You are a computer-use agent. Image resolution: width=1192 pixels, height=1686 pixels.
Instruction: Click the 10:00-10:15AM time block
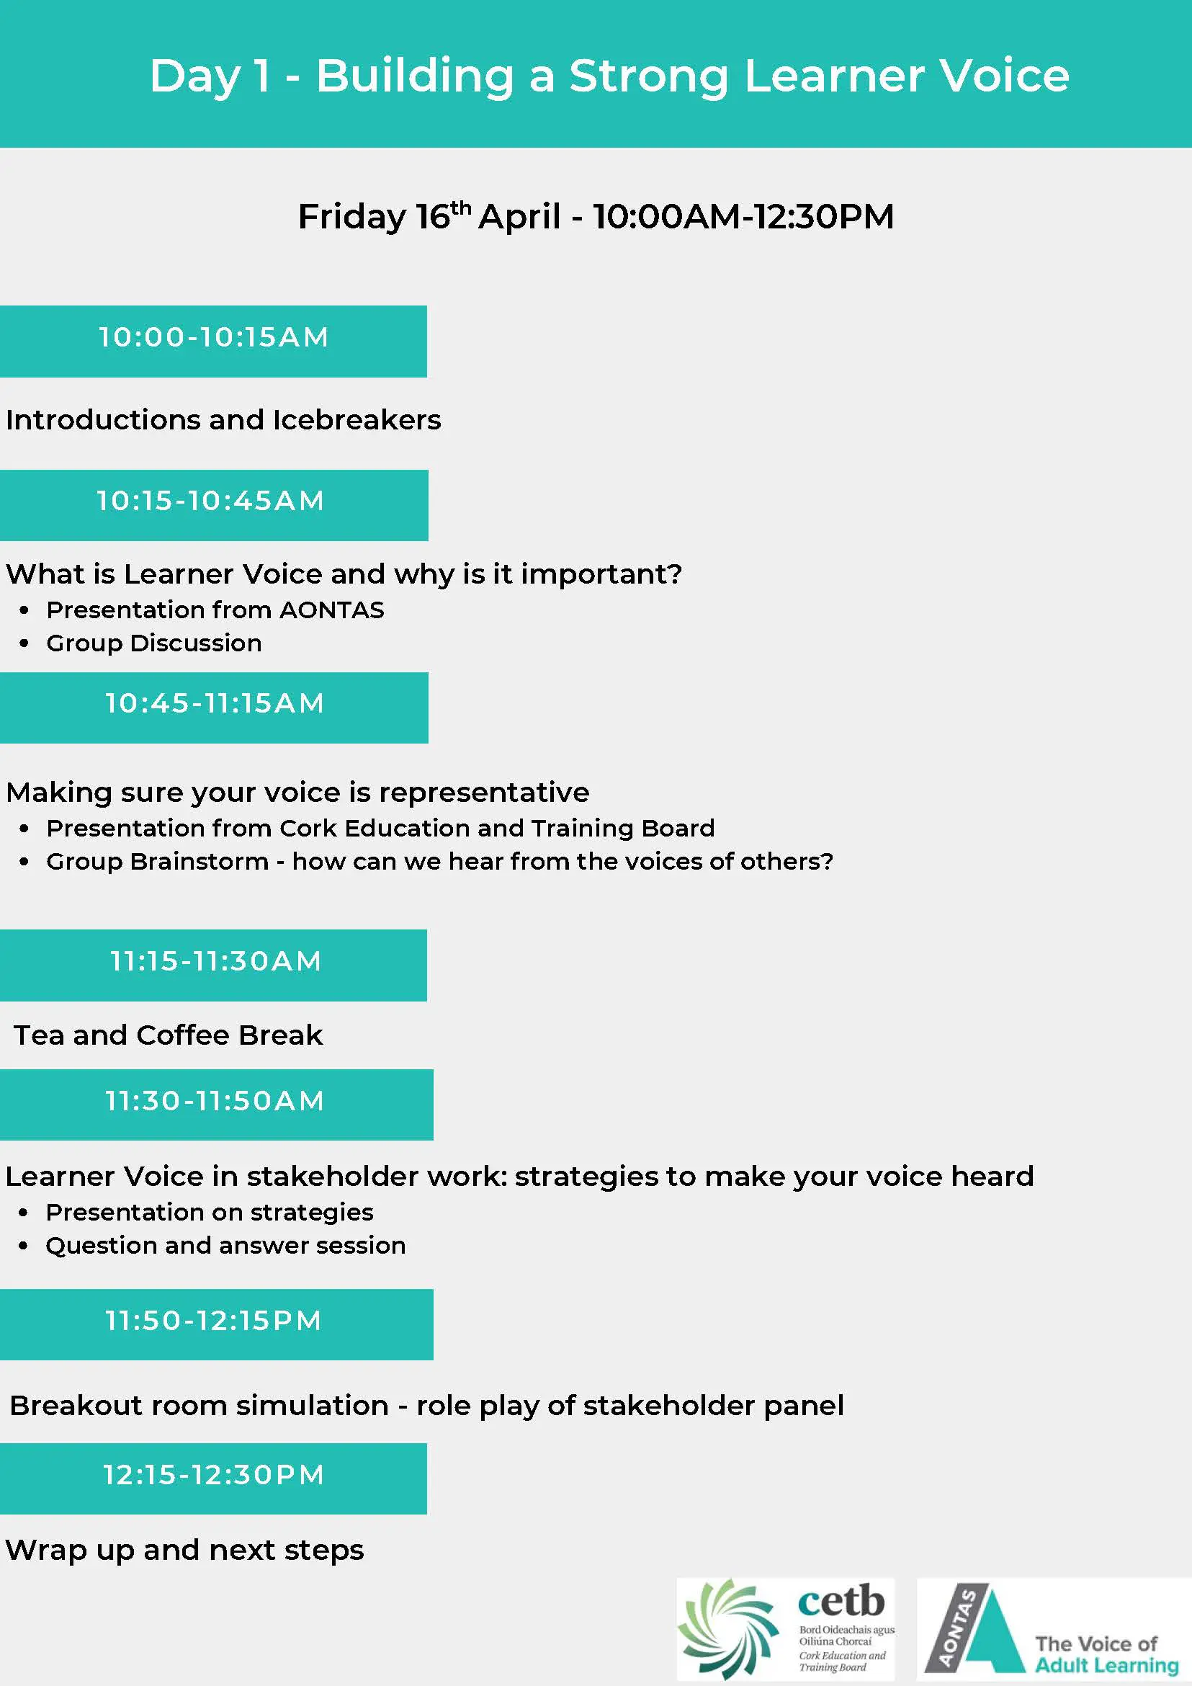click(x=214, y=342)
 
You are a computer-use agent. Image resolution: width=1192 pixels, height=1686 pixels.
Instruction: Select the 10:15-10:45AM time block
click(x=215, y=505)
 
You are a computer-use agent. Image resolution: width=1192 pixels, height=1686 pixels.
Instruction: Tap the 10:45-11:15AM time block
click(x=215, y=708)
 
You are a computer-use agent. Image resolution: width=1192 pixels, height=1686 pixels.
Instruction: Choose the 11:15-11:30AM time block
click(x=214, y=965)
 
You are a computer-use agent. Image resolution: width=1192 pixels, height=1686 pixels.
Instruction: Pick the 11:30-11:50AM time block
click(x=217, y=1105)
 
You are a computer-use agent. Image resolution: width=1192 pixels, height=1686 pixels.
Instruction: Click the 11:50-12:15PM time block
click(x=217, y=1325)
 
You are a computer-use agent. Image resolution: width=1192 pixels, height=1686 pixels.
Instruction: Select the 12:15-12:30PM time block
click(x=214, y=1479)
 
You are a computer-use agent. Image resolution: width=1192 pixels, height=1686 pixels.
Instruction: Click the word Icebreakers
click(x=357, y=420)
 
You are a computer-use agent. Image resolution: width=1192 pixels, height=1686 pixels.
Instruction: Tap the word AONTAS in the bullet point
click(x=332, y=610)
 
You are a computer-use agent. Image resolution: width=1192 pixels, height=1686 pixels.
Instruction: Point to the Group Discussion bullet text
click(x=154, y=643)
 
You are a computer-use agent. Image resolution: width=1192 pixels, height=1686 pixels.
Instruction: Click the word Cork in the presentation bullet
click(x=308, y=829)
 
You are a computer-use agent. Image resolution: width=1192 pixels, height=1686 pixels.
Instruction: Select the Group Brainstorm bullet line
click(x=439, y=861)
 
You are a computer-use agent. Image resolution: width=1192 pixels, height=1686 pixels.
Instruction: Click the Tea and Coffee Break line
click(x=168, y=1035)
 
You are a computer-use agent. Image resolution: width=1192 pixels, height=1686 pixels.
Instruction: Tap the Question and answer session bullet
click(x=225, y=1246)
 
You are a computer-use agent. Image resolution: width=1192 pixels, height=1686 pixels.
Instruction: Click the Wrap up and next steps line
click(x=184, y=1550)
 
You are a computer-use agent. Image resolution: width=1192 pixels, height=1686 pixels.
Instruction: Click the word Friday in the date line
click(x=352, y=218)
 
